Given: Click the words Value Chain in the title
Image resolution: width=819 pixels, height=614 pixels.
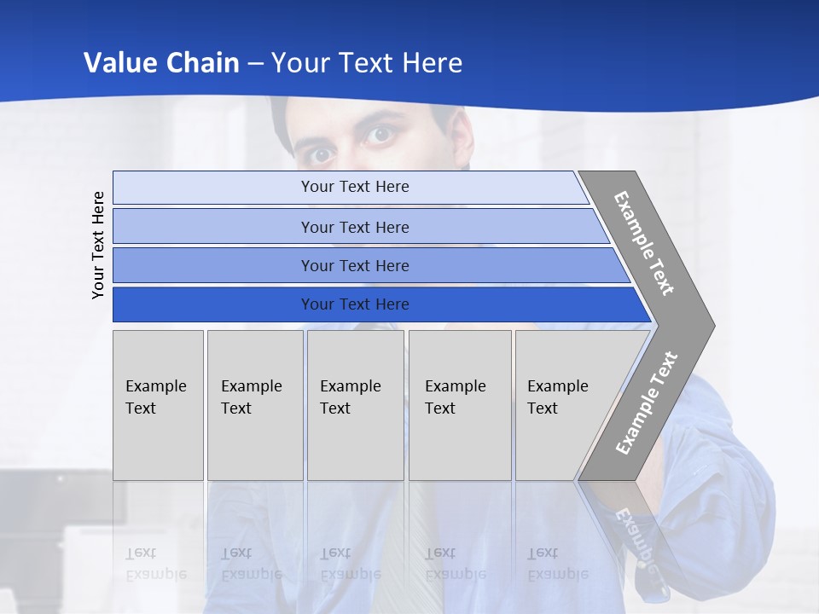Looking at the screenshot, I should (161, 63).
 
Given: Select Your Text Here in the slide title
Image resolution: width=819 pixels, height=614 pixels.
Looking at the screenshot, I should (367, 63).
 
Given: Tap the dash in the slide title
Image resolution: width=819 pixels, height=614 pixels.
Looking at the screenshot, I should (255, 64).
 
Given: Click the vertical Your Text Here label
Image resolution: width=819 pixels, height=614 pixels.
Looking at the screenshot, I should (99, 245).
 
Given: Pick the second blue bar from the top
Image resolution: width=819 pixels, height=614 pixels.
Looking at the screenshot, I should (354, 227).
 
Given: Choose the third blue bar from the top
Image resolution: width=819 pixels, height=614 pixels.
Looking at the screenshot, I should (354, 265).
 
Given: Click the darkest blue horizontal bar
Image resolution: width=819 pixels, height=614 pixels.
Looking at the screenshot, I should (354, 304).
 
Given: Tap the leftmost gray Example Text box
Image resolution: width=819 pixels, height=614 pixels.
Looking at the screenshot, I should (158, 405).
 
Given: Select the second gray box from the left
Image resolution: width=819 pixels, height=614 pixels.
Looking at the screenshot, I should (254, 405).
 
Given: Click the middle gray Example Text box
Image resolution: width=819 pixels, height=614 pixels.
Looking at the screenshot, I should (355, 405).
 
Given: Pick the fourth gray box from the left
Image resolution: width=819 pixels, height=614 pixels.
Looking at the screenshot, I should (459, 405).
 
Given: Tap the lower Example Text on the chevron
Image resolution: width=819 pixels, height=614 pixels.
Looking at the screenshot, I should (647, 403).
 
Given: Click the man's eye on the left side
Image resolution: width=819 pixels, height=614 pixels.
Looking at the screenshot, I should (321, 153).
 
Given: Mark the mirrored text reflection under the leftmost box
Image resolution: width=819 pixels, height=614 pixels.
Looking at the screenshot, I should (155, 564).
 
